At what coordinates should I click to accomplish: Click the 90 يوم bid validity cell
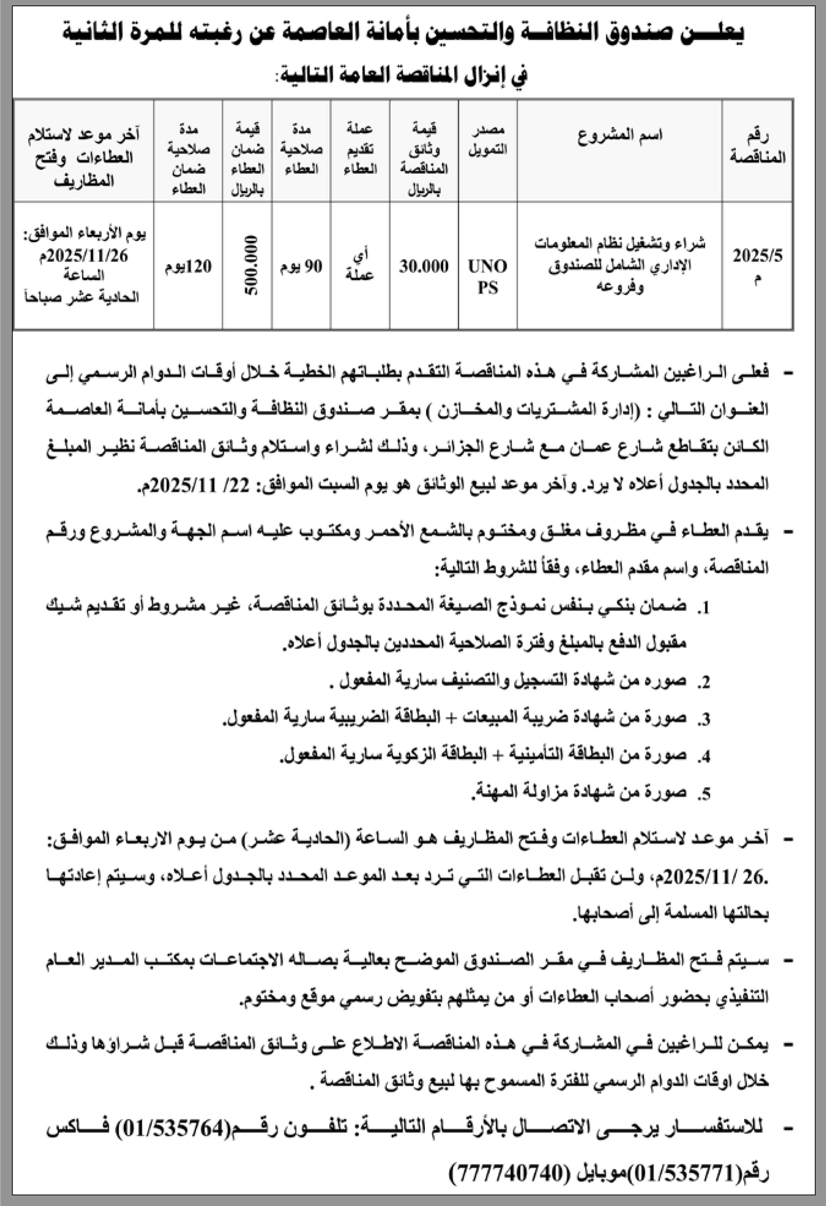[x=301, y=266]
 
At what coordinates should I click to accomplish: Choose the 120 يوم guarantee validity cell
[x=188, y=266]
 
